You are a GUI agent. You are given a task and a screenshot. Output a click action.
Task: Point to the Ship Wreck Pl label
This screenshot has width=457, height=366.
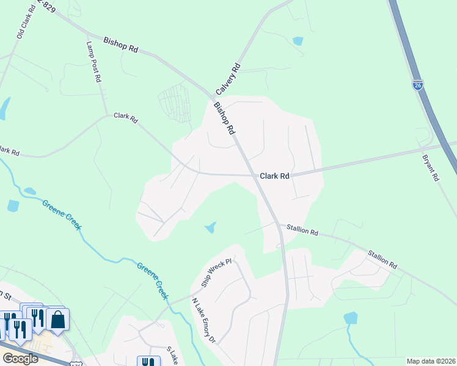pos(217,273)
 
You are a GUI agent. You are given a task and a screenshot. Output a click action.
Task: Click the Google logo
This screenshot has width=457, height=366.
pos(20,359)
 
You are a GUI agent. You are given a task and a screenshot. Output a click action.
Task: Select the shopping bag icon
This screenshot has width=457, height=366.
pos(57,320)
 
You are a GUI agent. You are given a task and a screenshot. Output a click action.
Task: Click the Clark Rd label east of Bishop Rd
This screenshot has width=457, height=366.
pos(274,176)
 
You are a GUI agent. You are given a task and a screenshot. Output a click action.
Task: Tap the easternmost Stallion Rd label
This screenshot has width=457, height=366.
pos(382,259)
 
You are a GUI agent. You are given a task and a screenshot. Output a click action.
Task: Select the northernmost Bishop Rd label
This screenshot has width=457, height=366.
pos(120,45)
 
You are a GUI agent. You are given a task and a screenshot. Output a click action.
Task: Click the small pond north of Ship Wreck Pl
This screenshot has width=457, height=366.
pos(211,228)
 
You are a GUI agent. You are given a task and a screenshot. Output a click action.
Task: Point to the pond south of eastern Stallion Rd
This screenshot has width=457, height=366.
pos(350,318)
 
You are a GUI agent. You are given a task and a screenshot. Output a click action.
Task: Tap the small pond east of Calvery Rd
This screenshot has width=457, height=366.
pos(298,41)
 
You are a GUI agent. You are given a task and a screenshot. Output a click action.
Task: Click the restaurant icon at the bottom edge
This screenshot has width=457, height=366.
pos(148,362)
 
